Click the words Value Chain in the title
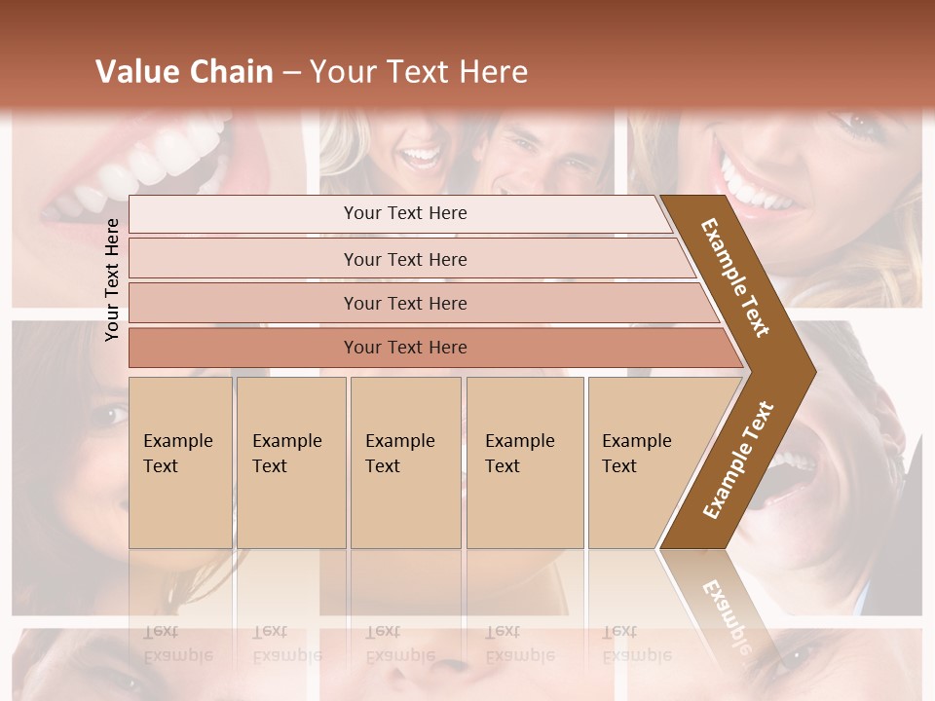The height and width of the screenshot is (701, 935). point(184,72)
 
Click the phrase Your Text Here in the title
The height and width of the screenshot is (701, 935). point(419,72)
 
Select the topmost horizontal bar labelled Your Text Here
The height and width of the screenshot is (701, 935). point(404,213)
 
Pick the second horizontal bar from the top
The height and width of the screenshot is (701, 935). point(404,259)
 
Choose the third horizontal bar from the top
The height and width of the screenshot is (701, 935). point(404,303)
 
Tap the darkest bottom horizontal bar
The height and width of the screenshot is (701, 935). point(404,348)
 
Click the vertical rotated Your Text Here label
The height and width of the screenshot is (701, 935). point(113,279)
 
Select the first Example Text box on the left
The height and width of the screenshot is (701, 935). point(180,461)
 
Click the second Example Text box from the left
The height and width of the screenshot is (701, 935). point(290,461)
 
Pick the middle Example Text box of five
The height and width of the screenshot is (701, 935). point(405,461)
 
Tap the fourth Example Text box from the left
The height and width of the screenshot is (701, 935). point(524,461)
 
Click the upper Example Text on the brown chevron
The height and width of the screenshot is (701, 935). point(736,277)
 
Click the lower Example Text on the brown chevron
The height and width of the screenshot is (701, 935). point(738,460)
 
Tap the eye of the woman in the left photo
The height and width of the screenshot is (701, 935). point(106,416)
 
